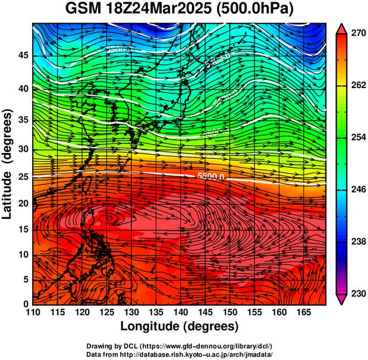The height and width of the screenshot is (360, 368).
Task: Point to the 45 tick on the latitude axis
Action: [23, 55]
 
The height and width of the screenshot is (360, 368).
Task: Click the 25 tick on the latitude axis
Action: [23, 177]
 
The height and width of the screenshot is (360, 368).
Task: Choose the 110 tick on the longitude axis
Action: [33, 312]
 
